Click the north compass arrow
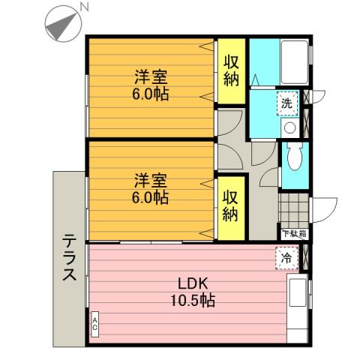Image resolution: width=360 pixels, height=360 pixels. (x=60, y=25)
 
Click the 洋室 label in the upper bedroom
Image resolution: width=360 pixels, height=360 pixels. (x=151, y=76)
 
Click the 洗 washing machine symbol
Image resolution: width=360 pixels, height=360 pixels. (x=286, y=103)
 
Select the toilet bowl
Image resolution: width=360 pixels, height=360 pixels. (x=295, y=160)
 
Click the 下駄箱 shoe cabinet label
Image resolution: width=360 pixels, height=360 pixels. (x=293, y=234)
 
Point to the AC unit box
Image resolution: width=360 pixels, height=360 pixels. (x=95, y=324)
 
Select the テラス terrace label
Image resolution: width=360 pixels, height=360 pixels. (x=68, y=258)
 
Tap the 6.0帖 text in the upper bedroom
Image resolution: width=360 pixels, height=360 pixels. (x=151, y=94)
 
